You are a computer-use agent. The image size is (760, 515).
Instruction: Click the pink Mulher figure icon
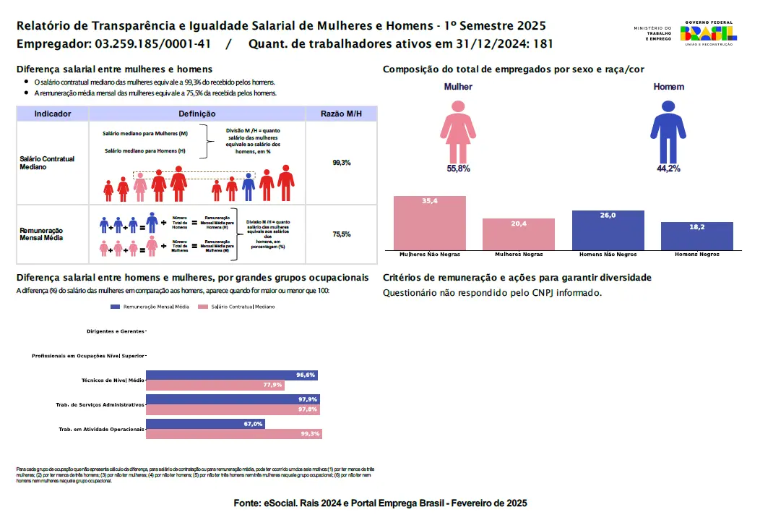click(458, 131)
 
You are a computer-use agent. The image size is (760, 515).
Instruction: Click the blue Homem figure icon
click(668, 131)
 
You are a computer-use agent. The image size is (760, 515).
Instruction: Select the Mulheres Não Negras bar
click(430, 223)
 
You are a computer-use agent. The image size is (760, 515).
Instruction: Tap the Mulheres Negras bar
click(519, 234)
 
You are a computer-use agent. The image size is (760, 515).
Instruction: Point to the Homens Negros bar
click(697, 236)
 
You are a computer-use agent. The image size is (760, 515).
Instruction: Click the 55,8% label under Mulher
click(458, 169)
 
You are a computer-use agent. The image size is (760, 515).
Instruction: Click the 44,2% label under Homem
click(668, 169)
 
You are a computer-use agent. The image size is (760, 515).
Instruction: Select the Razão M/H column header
click(341, 114)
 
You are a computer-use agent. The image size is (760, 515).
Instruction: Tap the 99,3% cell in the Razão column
click(341, 163)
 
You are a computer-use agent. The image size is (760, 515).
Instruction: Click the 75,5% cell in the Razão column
click(341, 234)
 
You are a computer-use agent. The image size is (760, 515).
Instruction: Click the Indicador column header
click(53, 114)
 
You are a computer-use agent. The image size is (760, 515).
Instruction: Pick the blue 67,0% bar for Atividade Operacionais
click(205, 424)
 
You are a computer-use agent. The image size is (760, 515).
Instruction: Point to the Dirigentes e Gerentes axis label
click(115, 331)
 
